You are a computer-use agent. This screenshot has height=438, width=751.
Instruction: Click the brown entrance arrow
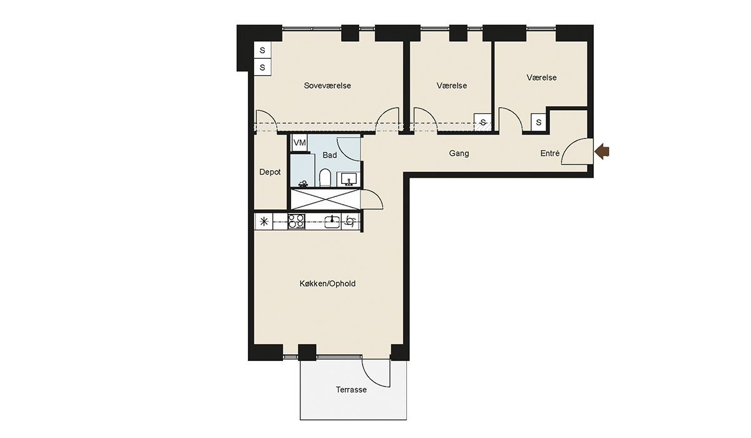tap(602, 151)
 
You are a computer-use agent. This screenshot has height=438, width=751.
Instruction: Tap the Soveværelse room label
tap(327, 86)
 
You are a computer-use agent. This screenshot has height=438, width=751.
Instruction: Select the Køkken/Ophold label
tap(327, 284)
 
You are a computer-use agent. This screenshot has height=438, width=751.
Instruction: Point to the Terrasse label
tap(351, 390)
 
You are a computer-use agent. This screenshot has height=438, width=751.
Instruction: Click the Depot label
tap(270, 172)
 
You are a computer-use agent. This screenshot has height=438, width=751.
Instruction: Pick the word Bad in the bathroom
tap(330, 155)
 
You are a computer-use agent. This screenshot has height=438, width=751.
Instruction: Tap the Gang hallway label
tap(459, 153)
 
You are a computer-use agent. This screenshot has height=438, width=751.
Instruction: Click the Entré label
tap(550, 153)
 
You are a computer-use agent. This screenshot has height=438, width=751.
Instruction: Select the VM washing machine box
tap(299, 143)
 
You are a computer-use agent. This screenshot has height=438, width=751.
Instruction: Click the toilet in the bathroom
tap(325, 177)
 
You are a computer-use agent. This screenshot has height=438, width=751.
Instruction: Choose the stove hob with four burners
tap(297, 222)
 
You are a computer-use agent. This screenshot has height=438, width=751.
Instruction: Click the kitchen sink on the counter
tap(332, 222)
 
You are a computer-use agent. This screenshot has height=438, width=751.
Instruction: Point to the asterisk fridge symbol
tap(264, 222)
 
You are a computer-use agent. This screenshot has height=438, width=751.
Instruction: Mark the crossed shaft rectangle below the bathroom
tap(325, 200)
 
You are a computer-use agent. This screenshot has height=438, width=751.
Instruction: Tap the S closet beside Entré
tap(538, 122)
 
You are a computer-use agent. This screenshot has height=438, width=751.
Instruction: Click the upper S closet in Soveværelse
tap(262, 50)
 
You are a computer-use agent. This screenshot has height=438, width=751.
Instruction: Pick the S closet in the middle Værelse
tap(483, 122)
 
